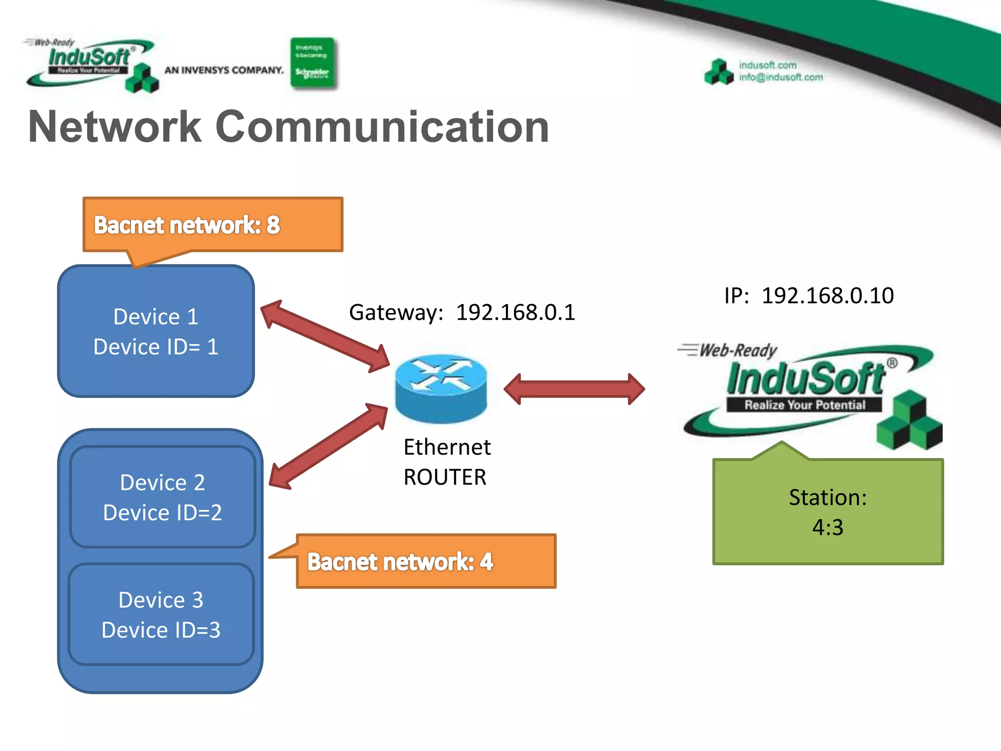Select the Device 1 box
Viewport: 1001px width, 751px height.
tap(156, 331)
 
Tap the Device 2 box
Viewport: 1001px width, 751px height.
tap(163, 497)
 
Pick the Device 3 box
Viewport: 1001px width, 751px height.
tap(161, 615)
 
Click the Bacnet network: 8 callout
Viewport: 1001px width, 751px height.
tap(213, 225)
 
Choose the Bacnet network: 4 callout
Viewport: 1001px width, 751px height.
tap(426, 561)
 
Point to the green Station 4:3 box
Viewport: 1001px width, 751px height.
tap(828, 512)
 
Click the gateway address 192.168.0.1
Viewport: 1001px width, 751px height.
tap(515, 312)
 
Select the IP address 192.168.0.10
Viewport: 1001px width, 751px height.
tap(827, 295)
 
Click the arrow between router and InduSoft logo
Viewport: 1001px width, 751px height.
tap(574, 389)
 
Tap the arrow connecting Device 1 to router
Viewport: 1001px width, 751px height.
tap(325, 336)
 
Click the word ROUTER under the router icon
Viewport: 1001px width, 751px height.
tap(445, 477)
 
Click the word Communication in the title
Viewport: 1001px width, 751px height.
tap(382, 127)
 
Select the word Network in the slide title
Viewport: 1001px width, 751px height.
tap(115, 127)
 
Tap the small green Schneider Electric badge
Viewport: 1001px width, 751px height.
tap(312, 64)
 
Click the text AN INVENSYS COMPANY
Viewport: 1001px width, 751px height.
tap(224, 70)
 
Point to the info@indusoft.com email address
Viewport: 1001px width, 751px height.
tap(781, 77)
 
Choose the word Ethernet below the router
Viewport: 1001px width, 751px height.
tap(447, 447)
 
